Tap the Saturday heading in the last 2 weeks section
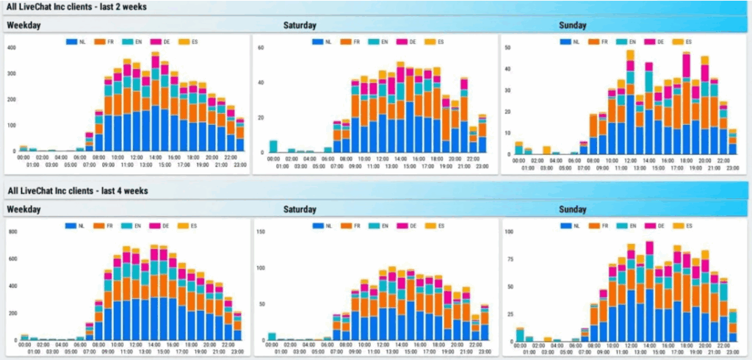pyautogui.click(x=300, y=26)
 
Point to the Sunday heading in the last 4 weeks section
pyautogui.click(x=572, y=209)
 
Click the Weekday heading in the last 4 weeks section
pyautogui.click(x=24, y=209)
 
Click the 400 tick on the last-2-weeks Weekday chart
pyautogui.click(x=11, y=48)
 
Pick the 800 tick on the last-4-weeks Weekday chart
pyautogui.click(x=11, y=232)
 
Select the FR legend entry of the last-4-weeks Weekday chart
pyautogui.click(x=112, y=226)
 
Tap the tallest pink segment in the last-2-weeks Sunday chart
pyautogui.click(x=687, y=65)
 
